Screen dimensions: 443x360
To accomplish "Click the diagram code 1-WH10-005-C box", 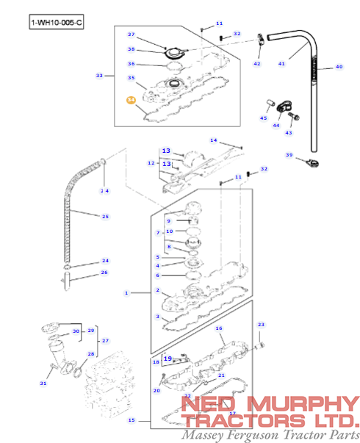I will pos(57,23).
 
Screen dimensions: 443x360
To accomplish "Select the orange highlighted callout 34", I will pos(131,100).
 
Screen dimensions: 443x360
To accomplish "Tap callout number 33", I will pos(99,75).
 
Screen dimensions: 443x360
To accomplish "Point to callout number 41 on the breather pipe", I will pos(281,64).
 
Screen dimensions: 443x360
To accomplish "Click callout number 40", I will pos(339,67).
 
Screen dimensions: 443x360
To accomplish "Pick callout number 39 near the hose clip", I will pos(289,155).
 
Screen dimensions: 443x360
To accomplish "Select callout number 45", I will pos(264,118).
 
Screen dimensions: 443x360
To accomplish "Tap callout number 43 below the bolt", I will pos(289,133).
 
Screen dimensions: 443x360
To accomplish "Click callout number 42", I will pos(257,64).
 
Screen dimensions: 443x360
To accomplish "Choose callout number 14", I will pos(214,140).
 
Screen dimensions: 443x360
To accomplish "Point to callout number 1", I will pos(126,292).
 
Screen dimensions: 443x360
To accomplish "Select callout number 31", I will pos(43,383).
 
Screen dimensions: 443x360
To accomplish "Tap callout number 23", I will pos(260,324).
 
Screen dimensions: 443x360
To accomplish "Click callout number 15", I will pos(132,420).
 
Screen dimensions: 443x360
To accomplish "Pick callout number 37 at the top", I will pos(131,35).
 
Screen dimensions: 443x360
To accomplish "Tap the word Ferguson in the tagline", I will pos(258,435).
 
